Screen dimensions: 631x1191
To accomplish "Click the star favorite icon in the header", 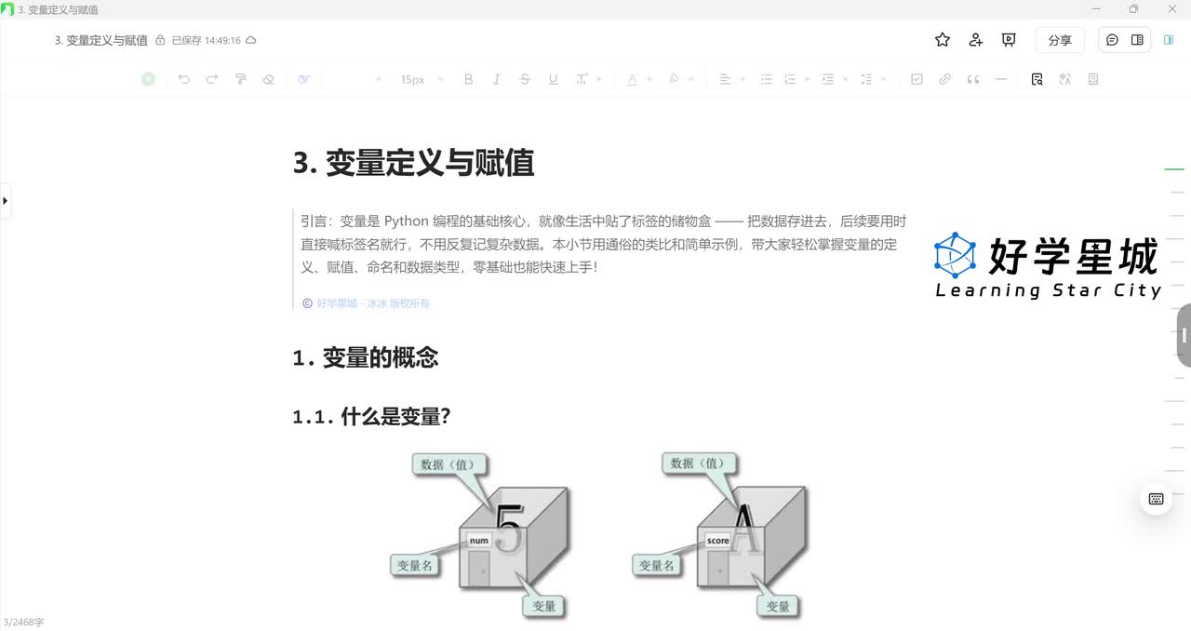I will tap(943, 40).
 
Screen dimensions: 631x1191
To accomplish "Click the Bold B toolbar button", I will tap(468, 79).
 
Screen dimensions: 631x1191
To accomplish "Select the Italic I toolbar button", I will tap(496, 79).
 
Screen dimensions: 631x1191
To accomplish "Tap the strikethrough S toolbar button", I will tap(525, 79).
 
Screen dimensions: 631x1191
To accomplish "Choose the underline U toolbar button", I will tap(553, 79).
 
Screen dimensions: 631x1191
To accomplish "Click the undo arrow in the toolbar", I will tap(183, 79).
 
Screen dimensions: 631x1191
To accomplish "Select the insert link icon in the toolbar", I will tap(944, 79).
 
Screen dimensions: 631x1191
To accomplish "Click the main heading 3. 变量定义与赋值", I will tap(413, 163).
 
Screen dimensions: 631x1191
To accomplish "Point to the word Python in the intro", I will tap(406, 222).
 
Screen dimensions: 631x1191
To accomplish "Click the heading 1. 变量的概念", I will tap(365, 357).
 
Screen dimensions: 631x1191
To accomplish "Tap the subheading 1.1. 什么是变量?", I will tap(371, 416).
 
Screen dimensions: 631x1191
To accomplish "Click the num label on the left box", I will tap(478, 541).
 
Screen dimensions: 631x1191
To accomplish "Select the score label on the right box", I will tap(717, 540).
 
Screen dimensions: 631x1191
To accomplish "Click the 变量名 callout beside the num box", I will tap(414, 564).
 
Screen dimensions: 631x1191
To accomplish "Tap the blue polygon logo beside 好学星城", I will tap(955, 255).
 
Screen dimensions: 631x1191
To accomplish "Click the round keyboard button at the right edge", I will tap(1156, 499).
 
